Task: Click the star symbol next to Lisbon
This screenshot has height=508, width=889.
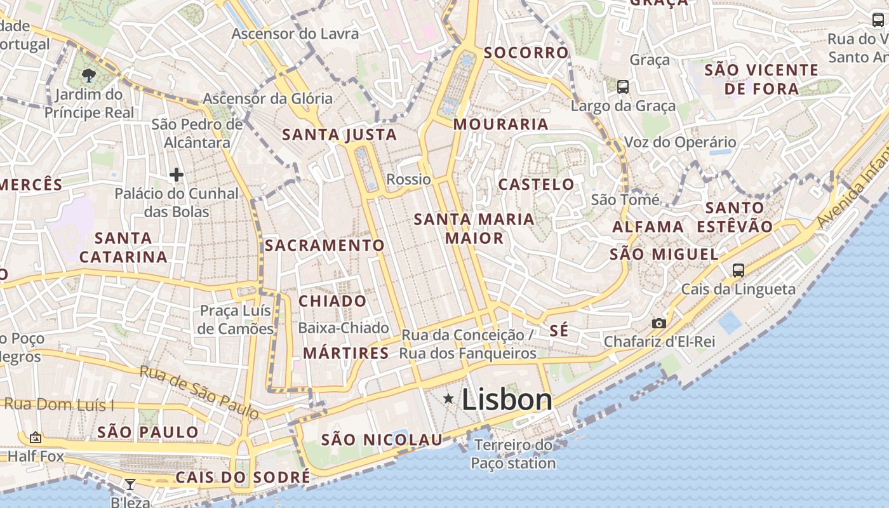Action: (x=448, y=399)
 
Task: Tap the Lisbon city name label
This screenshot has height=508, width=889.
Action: (x=507, y=400)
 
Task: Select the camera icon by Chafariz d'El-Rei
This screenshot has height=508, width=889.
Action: (x=659, y=323)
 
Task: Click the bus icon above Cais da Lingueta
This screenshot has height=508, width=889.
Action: (x=738, y=270)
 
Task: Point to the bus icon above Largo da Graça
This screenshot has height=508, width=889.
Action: (x=622, y=87)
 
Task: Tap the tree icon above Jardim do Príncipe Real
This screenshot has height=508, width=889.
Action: (x=89, y=76)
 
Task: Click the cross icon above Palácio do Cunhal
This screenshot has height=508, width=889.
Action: (x=177, y=174)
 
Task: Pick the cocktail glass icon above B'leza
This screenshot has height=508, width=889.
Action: (x=130, y=485)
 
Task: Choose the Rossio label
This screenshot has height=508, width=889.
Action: (x=408, y=180)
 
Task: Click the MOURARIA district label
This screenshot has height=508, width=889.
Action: (x=500, y=124)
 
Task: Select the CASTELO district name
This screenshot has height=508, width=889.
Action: (x=536, y=185)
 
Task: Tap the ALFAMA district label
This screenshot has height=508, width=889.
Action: (x=648, y=227)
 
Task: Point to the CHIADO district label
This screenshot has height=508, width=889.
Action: (x=332, y=301)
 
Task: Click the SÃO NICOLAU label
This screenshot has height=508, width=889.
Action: (x=381, y=439)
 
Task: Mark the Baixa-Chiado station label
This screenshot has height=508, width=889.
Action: (x=343, y=328)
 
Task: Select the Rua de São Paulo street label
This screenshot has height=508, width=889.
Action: (x=199, y=392)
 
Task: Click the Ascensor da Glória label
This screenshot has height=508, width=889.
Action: (x=267, y=99)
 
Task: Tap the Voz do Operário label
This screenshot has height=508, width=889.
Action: (x=680, y=142)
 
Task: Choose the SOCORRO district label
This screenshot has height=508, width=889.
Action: (x=526, y=53)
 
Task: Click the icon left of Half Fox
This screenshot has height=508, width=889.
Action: (x=36, y=438)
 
